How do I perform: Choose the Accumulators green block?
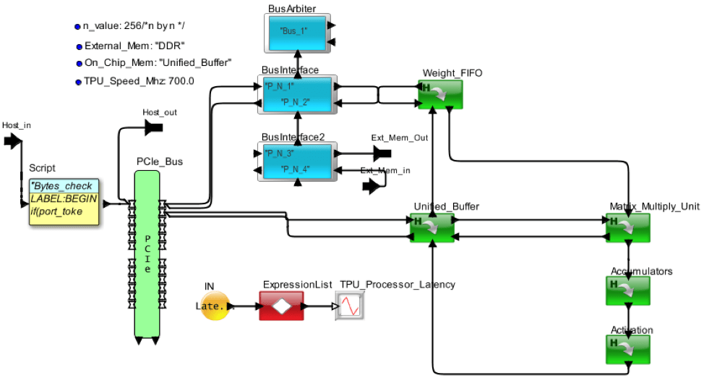628,290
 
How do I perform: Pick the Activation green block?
628,349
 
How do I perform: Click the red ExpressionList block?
281,306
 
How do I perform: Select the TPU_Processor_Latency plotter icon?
348,306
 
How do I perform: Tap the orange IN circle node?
214,306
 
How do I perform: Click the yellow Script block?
64,203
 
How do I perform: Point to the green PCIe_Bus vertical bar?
147,253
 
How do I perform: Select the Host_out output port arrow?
153,127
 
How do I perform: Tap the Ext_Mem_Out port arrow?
382,154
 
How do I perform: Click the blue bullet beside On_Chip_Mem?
79,64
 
